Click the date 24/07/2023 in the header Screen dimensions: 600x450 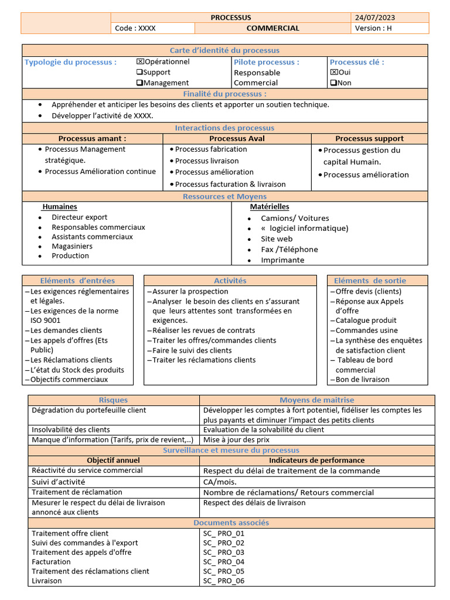click(x=374, y=18)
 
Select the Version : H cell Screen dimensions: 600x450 click(x=371, y=28)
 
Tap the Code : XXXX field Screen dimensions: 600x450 click(x=135, y=28)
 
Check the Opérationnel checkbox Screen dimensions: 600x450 click(x=140, y=62)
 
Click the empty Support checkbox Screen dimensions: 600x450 click(x=140, y=72)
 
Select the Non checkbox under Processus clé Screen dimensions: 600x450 click(x=333, y=83)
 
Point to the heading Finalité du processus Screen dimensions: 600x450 click(x=224, y=94)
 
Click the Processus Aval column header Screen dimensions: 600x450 click(x=237, y=139)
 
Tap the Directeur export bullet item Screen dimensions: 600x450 click(x=79, y=217)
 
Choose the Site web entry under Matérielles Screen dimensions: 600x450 click(x=277, y=239)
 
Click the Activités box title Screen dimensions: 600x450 click(x=230, y=281)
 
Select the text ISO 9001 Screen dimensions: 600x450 click(x=45, y=321)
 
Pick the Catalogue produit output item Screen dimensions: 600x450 click(x=366, y=321)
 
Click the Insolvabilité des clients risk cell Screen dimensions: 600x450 click(x=71, y=429)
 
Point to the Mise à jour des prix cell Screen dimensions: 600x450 click(x=236, y=439)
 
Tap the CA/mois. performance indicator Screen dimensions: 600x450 click(x=220, y=482)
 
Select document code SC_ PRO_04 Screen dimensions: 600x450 click(x=224, y=562)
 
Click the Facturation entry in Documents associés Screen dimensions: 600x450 click(x=51, y=562)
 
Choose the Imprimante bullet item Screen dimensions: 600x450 click(x=282, y=260)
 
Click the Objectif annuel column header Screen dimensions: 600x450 click(x=114, y=461)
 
